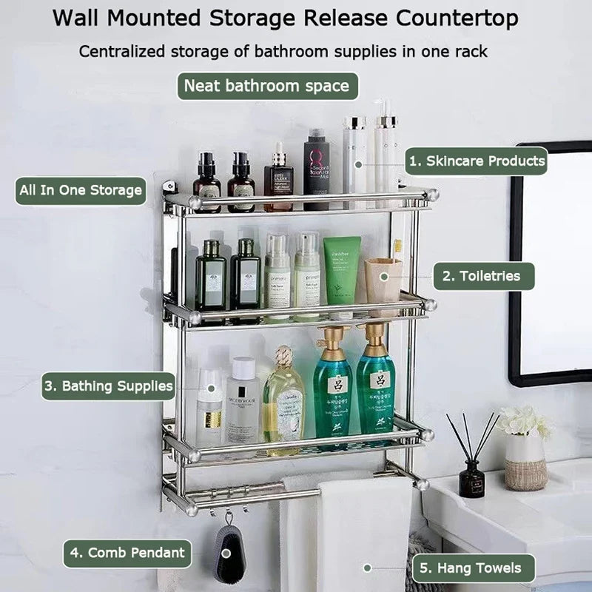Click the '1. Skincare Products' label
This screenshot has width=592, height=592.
pyautogui.click(x=476, y=161)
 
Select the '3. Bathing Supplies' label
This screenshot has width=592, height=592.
pyautogui.click(x=108, y=386)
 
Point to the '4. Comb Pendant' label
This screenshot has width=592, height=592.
pyautogui.click(x=127, y=553)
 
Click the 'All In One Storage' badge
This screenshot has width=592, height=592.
pyautogui.click(x=80, y=190)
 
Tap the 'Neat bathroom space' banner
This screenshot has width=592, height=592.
pyautogui.click(x=266, y=86)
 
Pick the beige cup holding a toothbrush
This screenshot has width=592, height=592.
pyautogui.click(x=383, y=285)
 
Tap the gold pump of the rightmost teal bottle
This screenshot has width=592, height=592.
pyautogui.click(x=376, y=339)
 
